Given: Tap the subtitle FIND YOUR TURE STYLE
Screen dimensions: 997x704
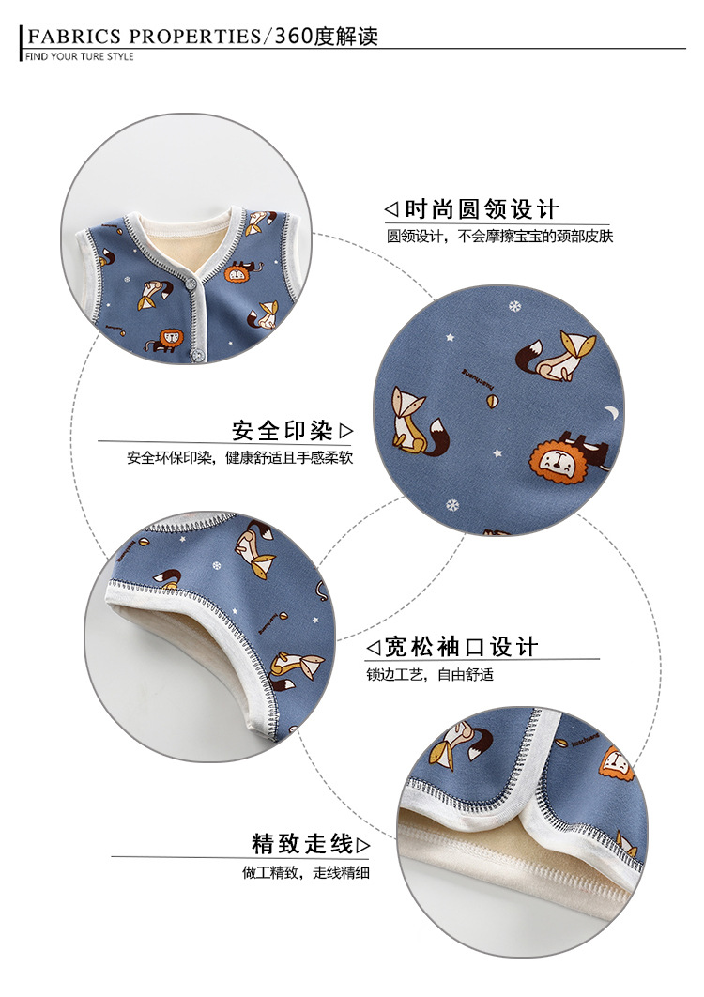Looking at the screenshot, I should pyautogui.click(x=79, y=57).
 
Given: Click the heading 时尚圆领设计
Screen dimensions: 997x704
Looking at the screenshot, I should pyautogui.click(x=481, y=208).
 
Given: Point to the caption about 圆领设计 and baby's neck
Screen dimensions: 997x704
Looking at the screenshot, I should pyautogui.click(x=499, y=237).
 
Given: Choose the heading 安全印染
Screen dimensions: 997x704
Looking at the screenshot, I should pyautogui.click(x=282, y=431).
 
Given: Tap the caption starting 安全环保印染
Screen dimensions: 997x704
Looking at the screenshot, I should pyautogui.click(x=239, y=459).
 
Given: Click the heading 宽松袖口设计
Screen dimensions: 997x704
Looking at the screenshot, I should pyautogui.click(x=461, y=647).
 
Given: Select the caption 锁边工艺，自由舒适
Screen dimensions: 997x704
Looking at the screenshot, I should pyautogui.click(x=429, y=674).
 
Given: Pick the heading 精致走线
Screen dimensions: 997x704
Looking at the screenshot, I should pyautogui.click(x=301, y=844).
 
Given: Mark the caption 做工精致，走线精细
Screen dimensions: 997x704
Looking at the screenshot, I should pyautogui.click(x=306, y=872).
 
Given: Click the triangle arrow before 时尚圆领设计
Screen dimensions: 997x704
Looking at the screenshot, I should pyautogui.click(x=391, y=208).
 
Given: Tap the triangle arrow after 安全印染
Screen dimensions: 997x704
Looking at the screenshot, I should pyautogui.click(x=346, y=431).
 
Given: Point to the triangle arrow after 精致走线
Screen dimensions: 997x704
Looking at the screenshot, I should pyautogui.click(x=363, y=845).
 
